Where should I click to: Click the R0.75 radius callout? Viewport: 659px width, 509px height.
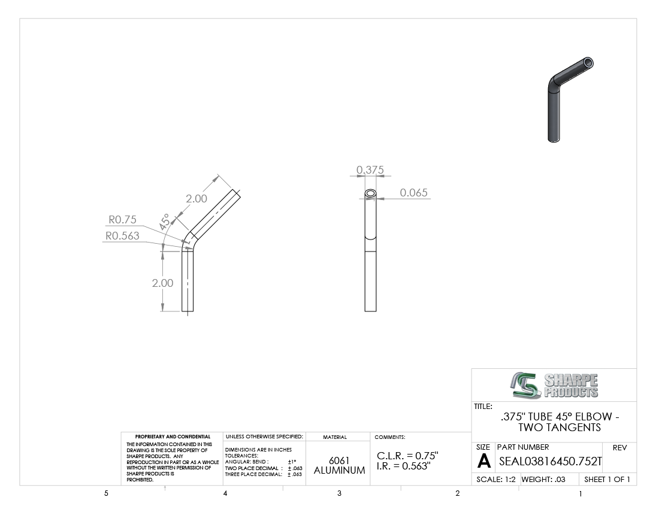[x=123, y=220]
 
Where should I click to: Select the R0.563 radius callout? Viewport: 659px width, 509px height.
[x=122, y=236]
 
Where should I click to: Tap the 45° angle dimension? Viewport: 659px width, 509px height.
[x=164, y=222]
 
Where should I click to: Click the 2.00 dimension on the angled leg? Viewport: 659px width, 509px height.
[x=197, y=199]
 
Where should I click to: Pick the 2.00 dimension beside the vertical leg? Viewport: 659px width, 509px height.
[x=162, y=283]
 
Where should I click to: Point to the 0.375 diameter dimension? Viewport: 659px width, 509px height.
[x=370, y=170]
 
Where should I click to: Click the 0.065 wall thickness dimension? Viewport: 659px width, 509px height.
[x=413, y=193]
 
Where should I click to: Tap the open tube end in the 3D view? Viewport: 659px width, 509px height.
[x=588, y=63]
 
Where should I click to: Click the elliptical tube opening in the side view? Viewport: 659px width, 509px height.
[x=371, y=193]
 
